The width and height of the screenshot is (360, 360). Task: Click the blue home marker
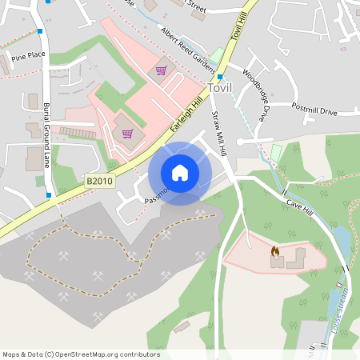click(x=180, y=173)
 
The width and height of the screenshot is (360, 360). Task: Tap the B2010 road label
click(x=99, y=182)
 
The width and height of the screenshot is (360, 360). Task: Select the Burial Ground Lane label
click(x=47, y=134)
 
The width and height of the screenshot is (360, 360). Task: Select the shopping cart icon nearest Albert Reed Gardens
click(x=161, y=70)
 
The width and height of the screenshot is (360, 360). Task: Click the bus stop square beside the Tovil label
click(x=220, y=78)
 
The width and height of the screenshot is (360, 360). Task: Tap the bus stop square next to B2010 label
click(x=49, y=194)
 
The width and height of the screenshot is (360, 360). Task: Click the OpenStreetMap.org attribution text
click(x=105, y=354)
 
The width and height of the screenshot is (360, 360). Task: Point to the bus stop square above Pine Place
click(x=39, y=31)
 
